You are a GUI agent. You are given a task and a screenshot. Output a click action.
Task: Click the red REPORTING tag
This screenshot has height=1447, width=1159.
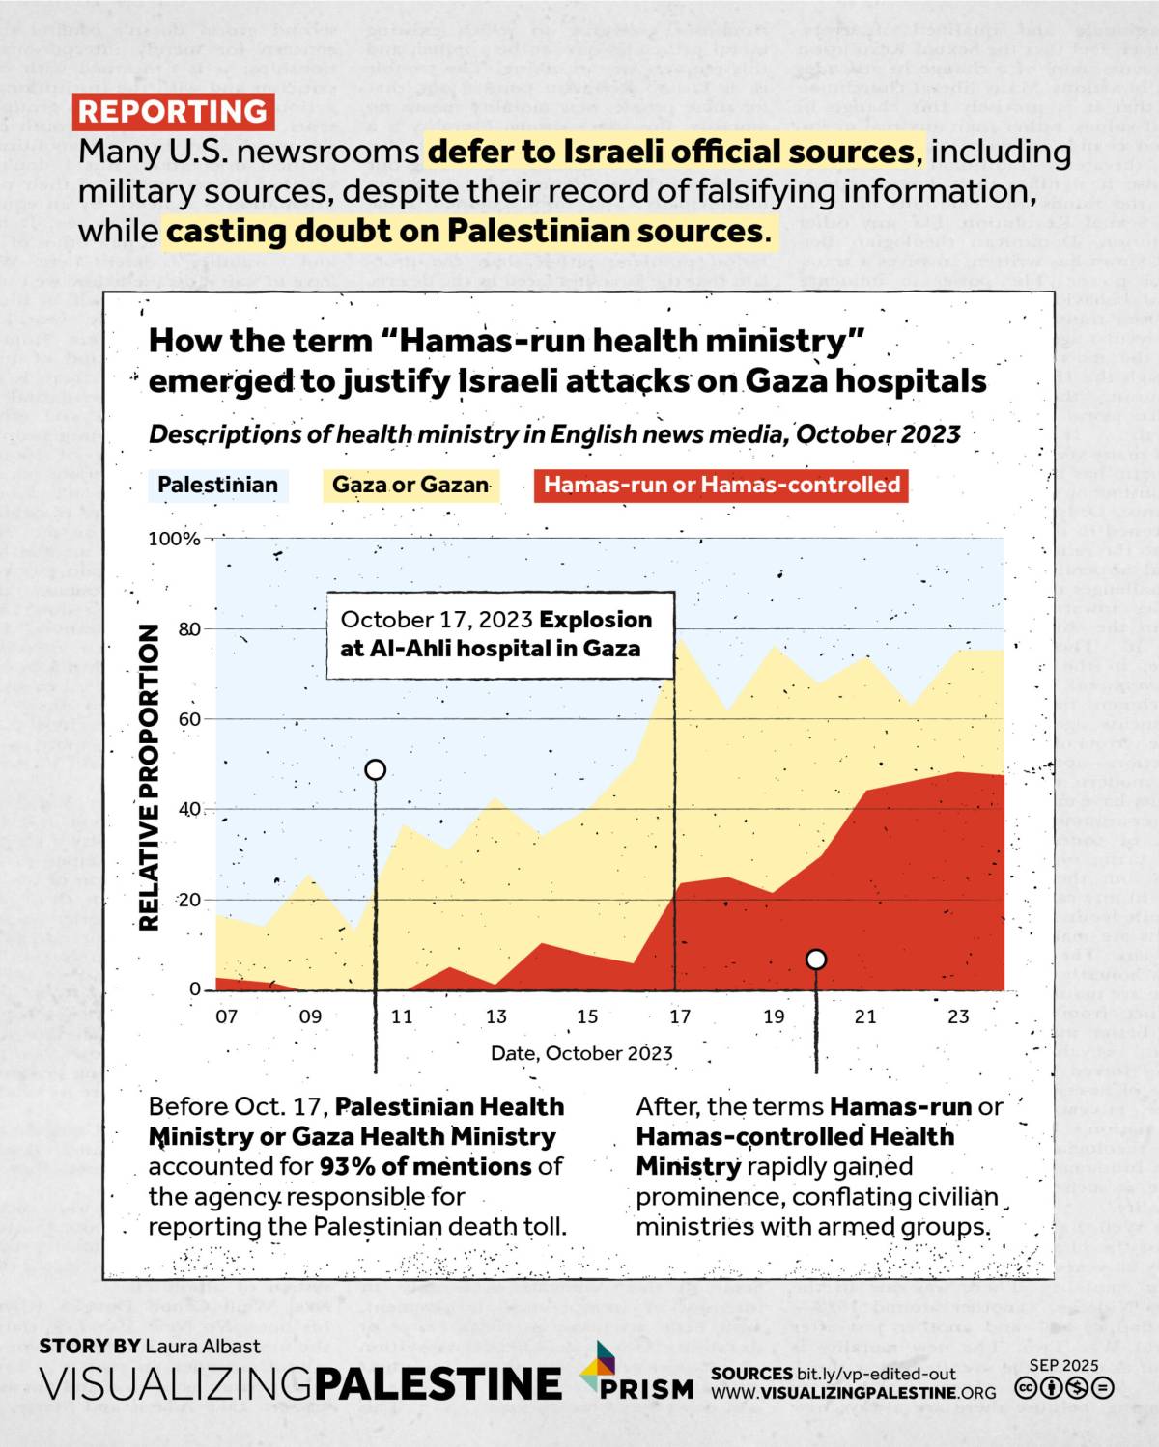173,112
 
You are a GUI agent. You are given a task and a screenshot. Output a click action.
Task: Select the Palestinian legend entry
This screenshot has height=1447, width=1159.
217,485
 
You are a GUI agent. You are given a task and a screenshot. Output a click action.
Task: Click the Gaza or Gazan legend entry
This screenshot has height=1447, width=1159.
410,485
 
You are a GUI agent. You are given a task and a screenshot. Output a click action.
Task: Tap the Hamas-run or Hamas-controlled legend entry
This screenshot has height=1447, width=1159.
721,485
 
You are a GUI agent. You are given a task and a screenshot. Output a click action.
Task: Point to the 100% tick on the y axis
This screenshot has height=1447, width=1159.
174,539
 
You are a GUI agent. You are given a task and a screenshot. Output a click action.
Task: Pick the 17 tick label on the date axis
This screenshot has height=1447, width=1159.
680,1016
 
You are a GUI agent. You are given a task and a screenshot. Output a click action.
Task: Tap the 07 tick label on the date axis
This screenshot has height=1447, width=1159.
226,1016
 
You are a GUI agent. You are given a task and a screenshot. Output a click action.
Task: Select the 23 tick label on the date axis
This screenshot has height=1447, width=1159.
957,1016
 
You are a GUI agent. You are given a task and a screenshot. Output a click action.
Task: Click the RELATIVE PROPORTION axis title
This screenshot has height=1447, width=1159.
149,777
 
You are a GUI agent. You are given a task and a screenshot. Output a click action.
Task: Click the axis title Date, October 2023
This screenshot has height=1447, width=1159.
581,1053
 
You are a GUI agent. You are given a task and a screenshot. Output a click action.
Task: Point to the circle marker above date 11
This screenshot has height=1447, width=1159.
376,769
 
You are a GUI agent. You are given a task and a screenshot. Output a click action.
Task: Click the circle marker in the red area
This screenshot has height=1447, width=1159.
816,959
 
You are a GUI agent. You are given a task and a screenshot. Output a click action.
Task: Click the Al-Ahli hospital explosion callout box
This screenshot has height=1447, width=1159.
498,634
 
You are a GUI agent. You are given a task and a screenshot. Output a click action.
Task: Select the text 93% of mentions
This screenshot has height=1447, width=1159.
426,1166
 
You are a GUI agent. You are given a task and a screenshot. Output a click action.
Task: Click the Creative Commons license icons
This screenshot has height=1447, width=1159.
1063,1388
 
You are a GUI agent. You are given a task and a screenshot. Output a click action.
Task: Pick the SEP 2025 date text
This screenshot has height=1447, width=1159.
1063,1365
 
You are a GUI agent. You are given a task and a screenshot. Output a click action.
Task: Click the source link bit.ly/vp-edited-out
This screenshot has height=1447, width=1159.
876,1374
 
